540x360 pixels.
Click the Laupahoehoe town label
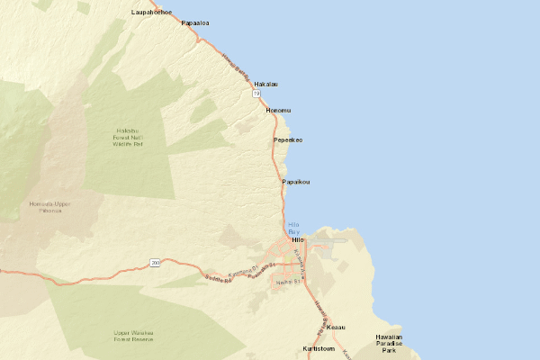151,13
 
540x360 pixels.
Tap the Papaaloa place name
195,23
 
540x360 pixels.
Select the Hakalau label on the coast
266,84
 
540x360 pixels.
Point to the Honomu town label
279,110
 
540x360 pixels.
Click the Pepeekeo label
288,140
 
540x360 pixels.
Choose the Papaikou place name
296,182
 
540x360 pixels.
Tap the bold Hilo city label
300,240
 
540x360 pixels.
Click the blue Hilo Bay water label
293,228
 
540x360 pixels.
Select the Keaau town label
337,327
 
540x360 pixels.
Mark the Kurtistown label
319,348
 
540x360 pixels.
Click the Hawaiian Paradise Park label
389,343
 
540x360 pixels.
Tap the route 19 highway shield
256,94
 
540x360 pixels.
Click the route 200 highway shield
155,263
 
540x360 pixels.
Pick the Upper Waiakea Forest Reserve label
132,336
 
